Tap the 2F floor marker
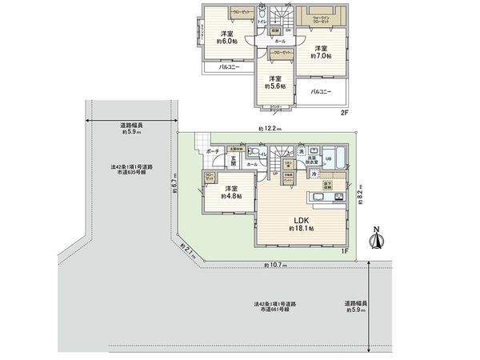[x=345, y=114]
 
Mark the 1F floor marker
[x=345, y=252]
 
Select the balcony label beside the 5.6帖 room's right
[x=322, y=92]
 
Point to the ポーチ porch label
[x=213, y=150]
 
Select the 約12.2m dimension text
[x=269, y=128]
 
